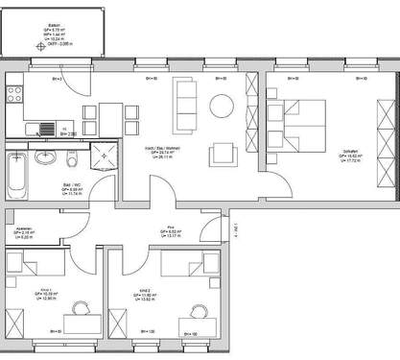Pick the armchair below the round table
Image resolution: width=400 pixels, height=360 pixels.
224,152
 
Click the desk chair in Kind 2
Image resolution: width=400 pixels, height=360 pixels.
198,311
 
